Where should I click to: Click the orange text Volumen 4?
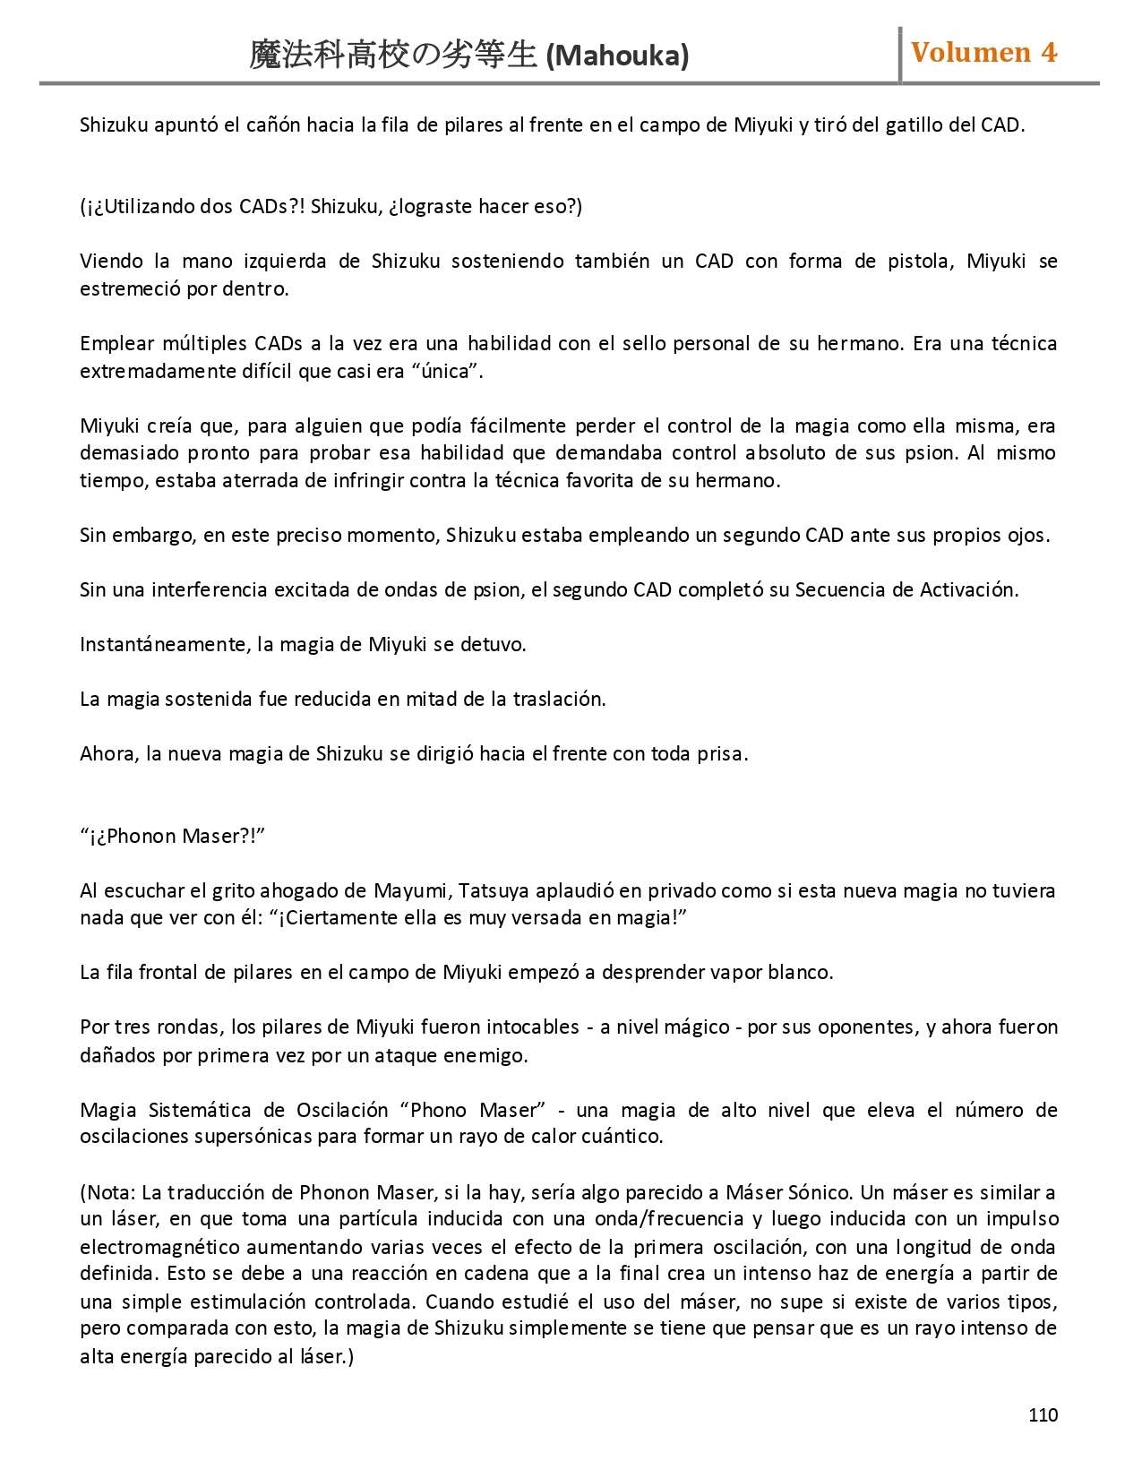click(x=983, y=53)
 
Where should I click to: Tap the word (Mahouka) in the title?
click(x=617, y=56)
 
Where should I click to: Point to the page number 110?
click(x=1043, y=1414)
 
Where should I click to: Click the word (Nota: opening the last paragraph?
click(x=108, y=1192)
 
